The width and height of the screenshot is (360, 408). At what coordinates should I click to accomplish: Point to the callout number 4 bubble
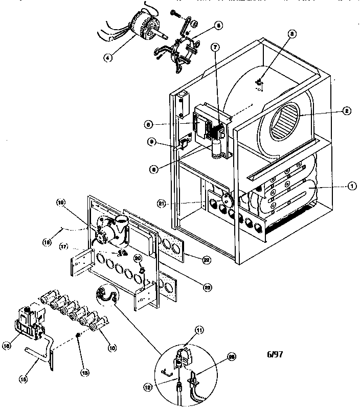pos(108,58)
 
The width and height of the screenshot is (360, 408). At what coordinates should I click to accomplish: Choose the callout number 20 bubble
pos(138,259)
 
